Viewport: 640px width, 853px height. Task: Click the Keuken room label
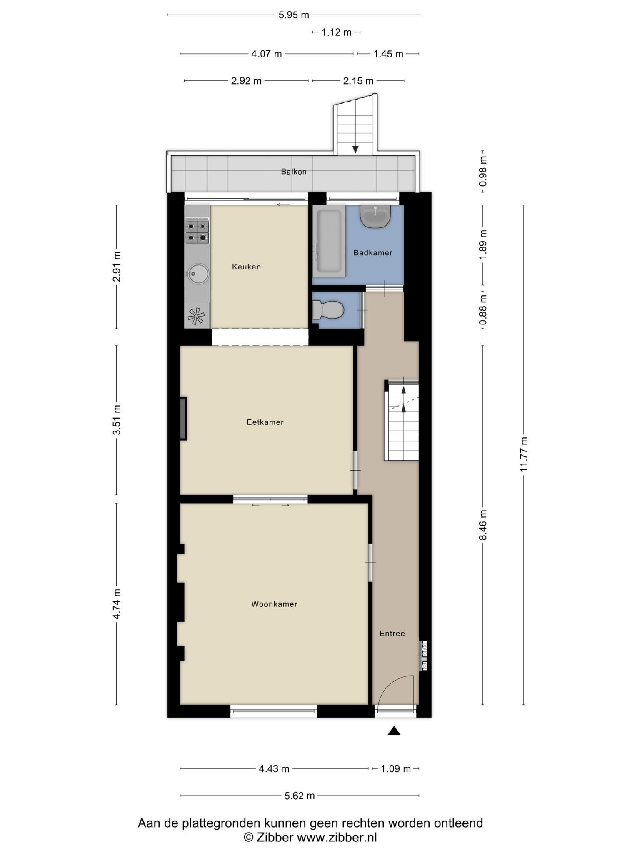(x=246, y=267)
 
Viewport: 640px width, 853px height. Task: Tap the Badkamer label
(x=373, y=253)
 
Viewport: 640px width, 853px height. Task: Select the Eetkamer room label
(x=265, y=422)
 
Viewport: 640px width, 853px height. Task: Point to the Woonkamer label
(x=274, y=604)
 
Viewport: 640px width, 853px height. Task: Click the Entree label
(x=392, y=634)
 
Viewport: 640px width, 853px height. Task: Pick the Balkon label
(x=294, y=172)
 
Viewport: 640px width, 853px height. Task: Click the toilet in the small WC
(x=328, y=310)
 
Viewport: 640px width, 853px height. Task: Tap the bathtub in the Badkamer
(x=329, y=241)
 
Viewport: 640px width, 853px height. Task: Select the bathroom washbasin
(x=375, y=216)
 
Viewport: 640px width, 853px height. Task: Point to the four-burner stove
(x=197, y=232)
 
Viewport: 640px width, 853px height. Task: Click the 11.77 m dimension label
(x=524, y=455)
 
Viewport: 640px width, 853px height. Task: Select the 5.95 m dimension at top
(x=294, y=15)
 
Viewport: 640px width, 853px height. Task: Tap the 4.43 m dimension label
(x=274, y=769)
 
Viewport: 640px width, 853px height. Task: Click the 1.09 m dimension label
(x=396, y=769)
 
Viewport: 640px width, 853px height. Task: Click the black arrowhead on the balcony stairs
(x=355, y=149)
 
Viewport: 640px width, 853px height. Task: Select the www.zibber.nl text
(x=337, y=838)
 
